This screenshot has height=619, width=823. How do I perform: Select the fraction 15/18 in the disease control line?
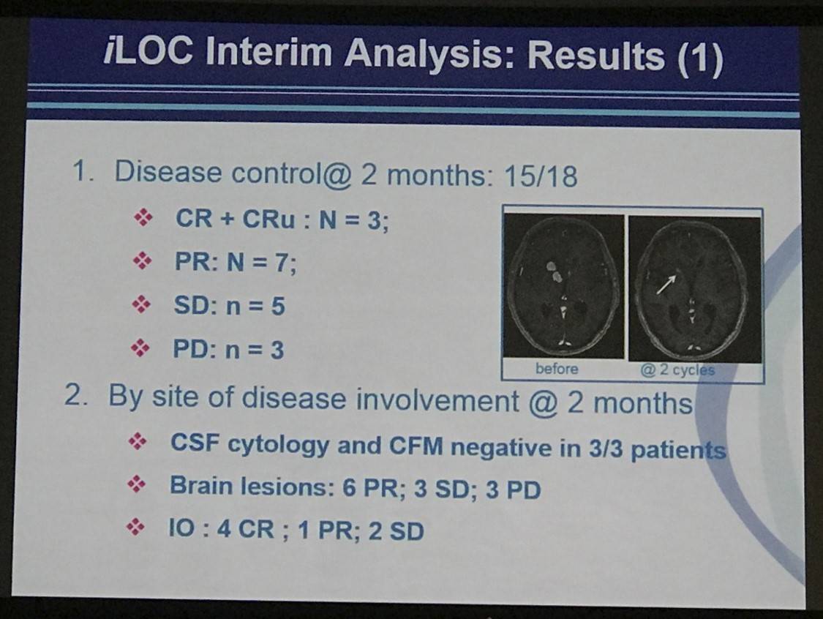(540, 176)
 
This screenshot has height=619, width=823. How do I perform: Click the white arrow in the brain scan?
(666, 285)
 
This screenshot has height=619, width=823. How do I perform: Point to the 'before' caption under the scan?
(557, 369)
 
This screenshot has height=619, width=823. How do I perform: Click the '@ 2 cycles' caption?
(677, 370)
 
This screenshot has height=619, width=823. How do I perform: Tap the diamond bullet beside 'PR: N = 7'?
(142, 260)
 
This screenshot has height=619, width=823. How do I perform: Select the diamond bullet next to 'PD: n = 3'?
(140, 347)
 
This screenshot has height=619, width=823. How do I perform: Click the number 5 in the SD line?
(278, 306)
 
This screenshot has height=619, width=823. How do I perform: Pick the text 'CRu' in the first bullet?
(268, 219)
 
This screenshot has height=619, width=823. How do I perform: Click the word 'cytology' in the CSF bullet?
(278, 446)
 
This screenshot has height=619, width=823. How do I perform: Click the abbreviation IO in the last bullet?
(181, 528)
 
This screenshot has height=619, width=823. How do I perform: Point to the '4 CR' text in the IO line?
(246, 529)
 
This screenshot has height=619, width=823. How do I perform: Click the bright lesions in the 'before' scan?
(554, 272)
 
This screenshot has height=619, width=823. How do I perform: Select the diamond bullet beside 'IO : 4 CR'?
(135, 527)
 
